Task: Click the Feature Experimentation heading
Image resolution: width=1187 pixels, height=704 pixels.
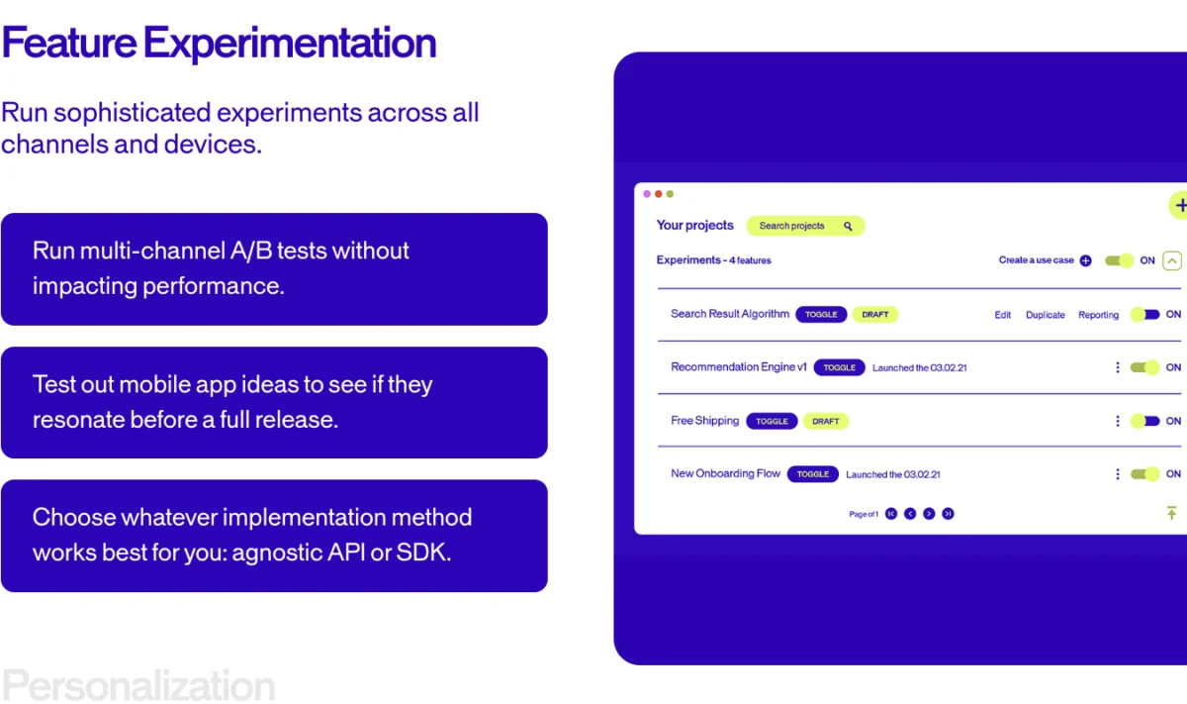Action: coord(219,44)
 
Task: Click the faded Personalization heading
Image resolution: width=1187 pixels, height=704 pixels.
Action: coord(138,685)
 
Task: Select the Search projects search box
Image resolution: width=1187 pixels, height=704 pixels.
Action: coord(804,226)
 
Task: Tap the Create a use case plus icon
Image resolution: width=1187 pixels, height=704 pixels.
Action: coord(1085,261)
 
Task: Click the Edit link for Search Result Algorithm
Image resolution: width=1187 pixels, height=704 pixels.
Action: coord(1002,315)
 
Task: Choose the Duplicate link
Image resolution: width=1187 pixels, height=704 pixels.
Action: coord(1045,315)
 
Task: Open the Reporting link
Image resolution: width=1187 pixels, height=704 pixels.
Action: coord(1098,315)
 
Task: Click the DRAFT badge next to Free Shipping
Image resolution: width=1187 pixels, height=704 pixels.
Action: coord(825,421)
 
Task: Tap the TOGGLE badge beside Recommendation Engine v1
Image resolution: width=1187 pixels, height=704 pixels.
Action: coord(839,367)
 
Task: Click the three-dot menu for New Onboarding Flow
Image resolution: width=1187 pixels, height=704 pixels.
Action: coord(1118,474)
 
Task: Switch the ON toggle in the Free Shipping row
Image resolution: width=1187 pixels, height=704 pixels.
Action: coord(1144,421)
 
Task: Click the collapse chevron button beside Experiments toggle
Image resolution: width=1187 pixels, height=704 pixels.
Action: coord(1171,261)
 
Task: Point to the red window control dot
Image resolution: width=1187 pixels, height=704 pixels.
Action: coord(659,194)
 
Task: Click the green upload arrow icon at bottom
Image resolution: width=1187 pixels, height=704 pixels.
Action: coord(1171,513)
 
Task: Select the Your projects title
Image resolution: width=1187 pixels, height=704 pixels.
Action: coord(694,226)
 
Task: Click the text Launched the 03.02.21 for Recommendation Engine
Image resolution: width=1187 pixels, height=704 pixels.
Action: coord(919,367)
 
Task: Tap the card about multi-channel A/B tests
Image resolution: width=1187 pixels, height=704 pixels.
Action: coord(274,268)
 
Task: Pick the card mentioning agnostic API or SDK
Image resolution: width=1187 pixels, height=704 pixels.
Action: coord(274,536)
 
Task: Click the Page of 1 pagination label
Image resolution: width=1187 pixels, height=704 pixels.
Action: coord(864,514)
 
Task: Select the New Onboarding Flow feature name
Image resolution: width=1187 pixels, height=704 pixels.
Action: coord(725,473)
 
